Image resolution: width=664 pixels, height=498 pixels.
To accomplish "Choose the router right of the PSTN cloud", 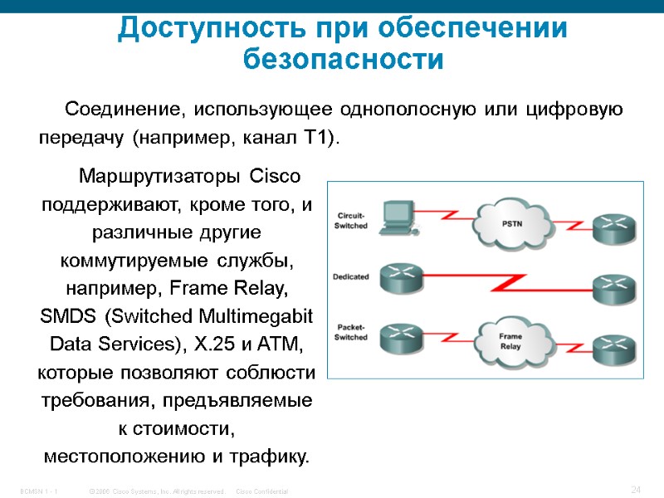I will coord(617,226).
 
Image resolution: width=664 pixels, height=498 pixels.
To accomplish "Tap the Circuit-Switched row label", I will coord(350,221).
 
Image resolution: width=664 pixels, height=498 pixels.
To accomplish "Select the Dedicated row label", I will coord(350,276).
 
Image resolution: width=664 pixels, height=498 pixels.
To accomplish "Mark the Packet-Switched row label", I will coord(350,333).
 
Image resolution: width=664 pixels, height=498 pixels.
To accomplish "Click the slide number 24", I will coord(637,490).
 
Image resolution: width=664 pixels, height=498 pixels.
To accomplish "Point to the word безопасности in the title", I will coord(344,61).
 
